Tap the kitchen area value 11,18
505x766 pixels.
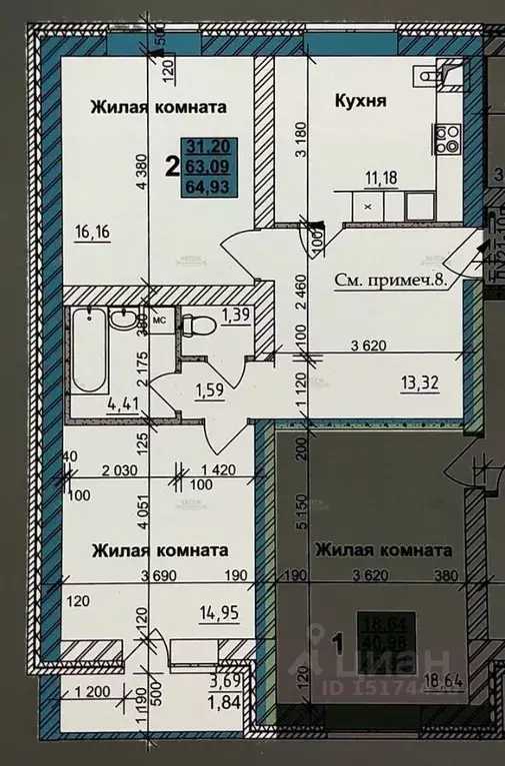pos(378,179)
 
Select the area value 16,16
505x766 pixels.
pos(92,235)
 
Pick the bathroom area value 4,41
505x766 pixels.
pos(95,404)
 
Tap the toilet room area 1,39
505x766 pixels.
pos(236,316)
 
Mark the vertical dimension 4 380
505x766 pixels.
pos(142,185)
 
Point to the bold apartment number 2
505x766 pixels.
pos(172,167)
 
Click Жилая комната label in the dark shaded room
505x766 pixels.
pos(382,549)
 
